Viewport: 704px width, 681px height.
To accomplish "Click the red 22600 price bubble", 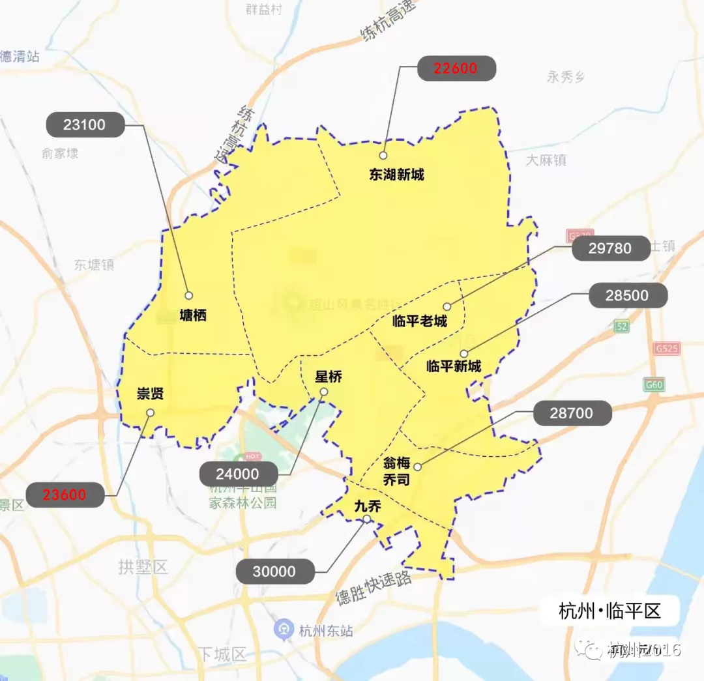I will click(x=456, y=68).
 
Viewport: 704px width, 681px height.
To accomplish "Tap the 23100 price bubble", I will click(x=85, y=124).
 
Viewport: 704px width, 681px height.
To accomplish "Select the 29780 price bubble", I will click(x=610, y=248).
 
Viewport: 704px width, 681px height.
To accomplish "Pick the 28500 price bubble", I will click(x=627, y=295).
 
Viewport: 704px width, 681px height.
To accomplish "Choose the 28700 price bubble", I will click(x=572, y=413).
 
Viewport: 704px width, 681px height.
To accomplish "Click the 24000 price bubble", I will click(x=238, y=474).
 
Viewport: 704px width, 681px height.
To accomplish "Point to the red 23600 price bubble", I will click(x=65, y=495).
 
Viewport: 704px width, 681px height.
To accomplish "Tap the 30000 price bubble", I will click(x=274, y=572).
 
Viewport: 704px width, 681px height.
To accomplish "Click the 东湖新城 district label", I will click(x=396, y=175).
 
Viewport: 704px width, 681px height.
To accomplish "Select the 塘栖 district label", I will click(x=193, y=316).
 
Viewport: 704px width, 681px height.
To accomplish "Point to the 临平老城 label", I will click(x=420, y=321).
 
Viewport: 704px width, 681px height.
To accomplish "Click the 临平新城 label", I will click(x=454, y=366).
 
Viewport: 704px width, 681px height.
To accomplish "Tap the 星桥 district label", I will click(x=329, y=377).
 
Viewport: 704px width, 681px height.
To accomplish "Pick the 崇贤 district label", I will click(x=150, y=394).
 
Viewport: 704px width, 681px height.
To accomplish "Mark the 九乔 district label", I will click(x=368, y=506).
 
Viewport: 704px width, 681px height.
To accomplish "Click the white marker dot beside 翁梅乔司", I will click(x=418, y=467).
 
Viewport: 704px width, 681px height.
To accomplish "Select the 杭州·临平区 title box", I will click(x=609, y=612).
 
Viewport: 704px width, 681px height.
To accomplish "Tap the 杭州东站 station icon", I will click(x=283, y=630).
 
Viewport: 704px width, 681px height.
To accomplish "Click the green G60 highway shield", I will click(x=654, y=384).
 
